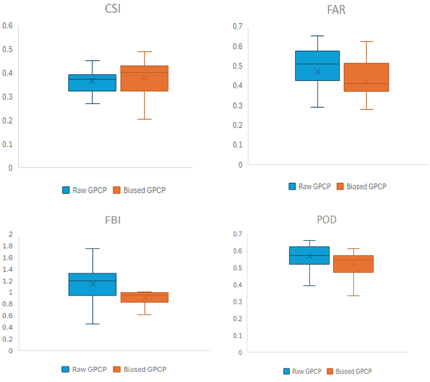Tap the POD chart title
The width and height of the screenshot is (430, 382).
pyautogui.click(x=327, y=220)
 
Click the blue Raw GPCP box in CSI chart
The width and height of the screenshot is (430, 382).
pyautogui.click(x=92, y=82)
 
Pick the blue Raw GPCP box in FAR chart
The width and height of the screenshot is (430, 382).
pyautogui.click(x=317, y=65)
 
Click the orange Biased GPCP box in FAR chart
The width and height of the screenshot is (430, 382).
pyautogui.click(x=366, y=77)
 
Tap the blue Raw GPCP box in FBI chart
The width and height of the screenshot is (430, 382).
pyautogui.click(x=92, y=284)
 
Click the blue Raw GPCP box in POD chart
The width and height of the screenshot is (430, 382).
pyautogui.click(x=309, y=255)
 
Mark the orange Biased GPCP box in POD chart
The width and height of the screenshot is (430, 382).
pyautogui.click(x=353, y=264)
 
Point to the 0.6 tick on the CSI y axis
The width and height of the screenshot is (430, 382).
pyautogui.click(x=7, y=26)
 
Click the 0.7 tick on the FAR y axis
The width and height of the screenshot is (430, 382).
pyautogui.click(x=237, y=26)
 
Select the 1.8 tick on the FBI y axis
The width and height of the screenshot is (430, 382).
pyautogui.click(x=7, y=246)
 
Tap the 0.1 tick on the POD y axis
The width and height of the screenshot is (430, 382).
pyautogui.click(x=236, y=335)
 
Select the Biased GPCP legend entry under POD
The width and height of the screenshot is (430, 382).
pyautogui.click(x=348, y=371)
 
